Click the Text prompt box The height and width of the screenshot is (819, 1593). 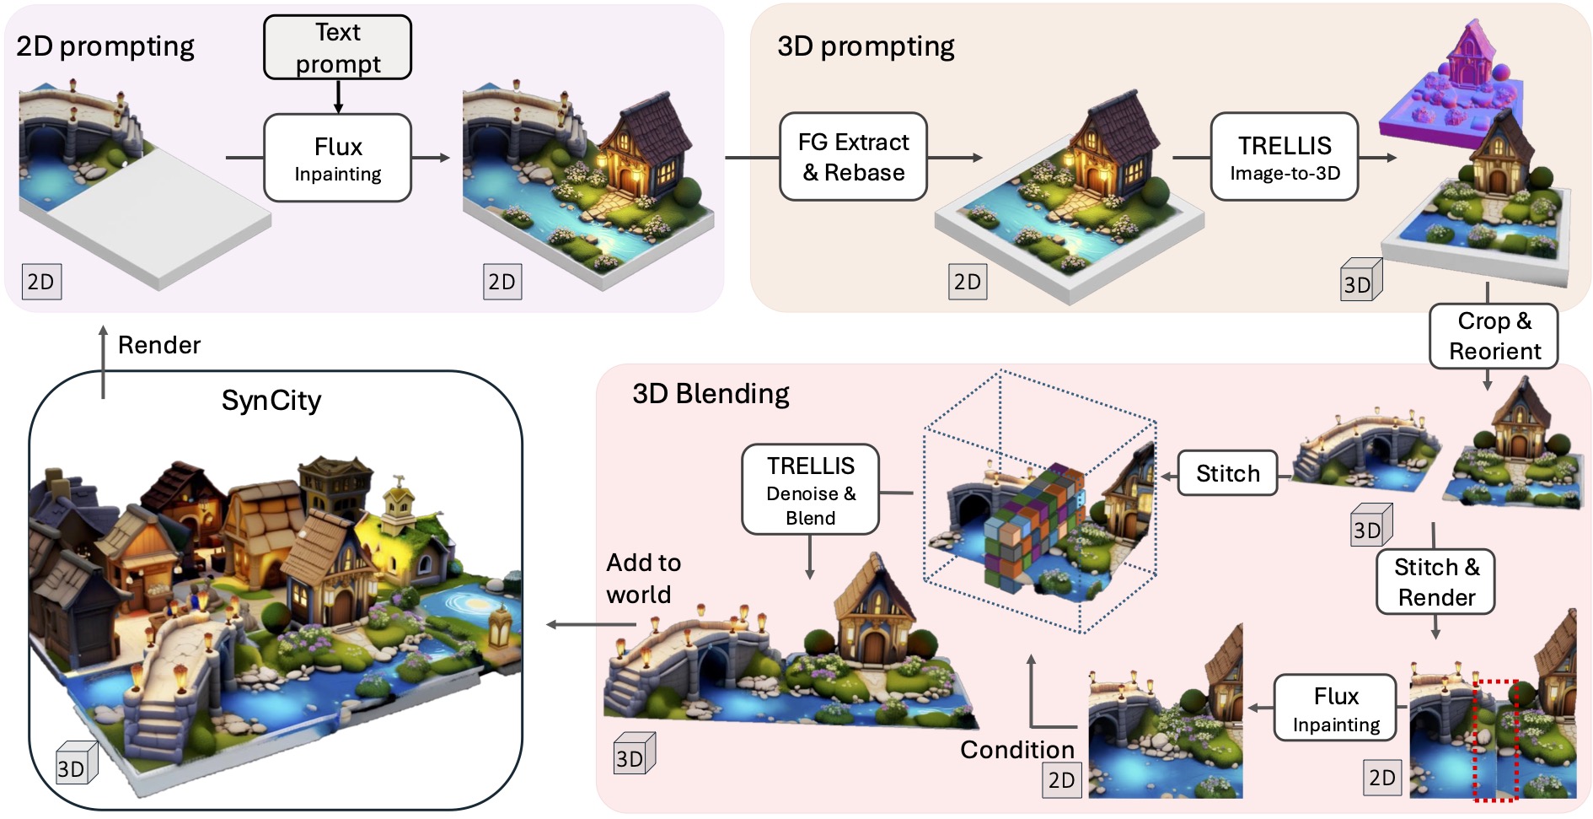pyautogui.click(x=337, y=47)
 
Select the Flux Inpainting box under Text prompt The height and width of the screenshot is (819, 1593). pyautogui.click(x=337, y=158)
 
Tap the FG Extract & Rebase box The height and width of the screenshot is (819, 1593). pyautogui.click(x=853, y=157)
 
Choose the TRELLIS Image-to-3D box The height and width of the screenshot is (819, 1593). pyautogui.click(x=1285, y=157)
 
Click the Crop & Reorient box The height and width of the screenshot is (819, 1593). pyautogui.click(x=1494, y=336)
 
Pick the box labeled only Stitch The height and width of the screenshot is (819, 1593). pyautogui.click(x=1227, y=473)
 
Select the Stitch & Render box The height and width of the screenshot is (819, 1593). pyautogui.click(x=1435, y=582)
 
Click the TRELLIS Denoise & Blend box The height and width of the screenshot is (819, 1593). pyautogui.click(x=810, y=490)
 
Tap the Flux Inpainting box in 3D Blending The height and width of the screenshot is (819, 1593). pyautogui.click(x=1336, y=708)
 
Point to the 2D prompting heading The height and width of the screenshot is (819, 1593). pyautogui.click(x=105, y=46)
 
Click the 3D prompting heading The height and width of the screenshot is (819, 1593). pyautogui.click(x=866, y=46)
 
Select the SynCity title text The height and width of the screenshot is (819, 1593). pyautogui.click(x=271, y=401)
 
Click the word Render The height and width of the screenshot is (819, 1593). pyautogui.click(x=159, y=345)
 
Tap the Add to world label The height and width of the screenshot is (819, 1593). pyautogui.click(x=643, y=579)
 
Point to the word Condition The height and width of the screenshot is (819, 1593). pyautogui.click(x=1017, y=750)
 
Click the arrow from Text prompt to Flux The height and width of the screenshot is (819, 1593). pyautogui.click(x=338, y=97)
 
